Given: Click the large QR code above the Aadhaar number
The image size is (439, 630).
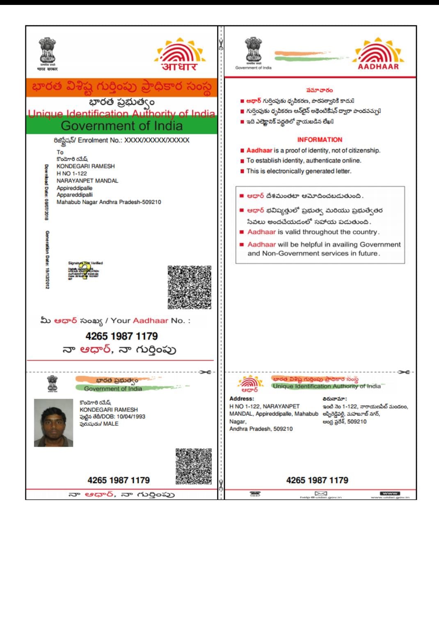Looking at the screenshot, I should [189, 287].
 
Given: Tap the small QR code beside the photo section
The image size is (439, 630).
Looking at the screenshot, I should [194, 466].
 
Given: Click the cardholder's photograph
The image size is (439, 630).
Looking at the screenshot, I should [53, 423].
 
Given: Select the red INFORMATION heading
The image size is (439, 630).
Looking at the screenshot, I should [320, 140].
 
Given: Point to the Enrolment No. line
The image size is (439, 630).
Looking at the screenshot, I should [121, 140].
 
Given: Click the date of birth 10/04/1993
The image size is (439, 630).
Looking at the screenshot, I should [131, 417].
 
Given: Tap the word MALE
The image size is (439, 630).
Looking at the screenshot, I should [111, 424].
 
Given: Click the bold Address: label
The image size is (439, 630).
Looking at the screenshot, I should [242, 399].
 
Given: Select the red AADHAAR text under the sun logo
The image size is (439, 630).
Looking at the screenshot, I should [378, 66].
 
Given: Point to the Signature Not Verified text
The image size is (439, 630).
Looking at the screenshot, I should [85, 263].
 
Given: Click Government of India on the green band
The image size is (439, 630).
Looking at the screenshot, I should [121, 126].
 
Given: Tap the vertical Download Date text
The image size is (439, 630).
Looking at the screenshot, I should [46, 192].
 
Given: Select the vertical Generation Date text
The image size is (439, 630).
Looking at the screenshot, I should [47, 260].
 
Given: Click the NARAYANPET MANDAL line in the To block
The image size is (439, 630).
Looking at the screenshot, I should [87, 181].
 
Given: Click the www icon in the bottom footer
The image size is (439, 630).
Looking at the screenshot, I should [390, 493].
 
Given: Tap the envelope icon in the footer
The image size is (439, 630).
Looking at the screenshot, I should [321, 493].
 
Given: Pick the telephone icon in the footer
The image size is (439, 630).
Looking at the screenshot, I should [255, 493].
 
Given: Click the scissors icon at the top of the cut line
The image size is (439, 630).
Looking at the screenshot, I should [221, 44].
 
